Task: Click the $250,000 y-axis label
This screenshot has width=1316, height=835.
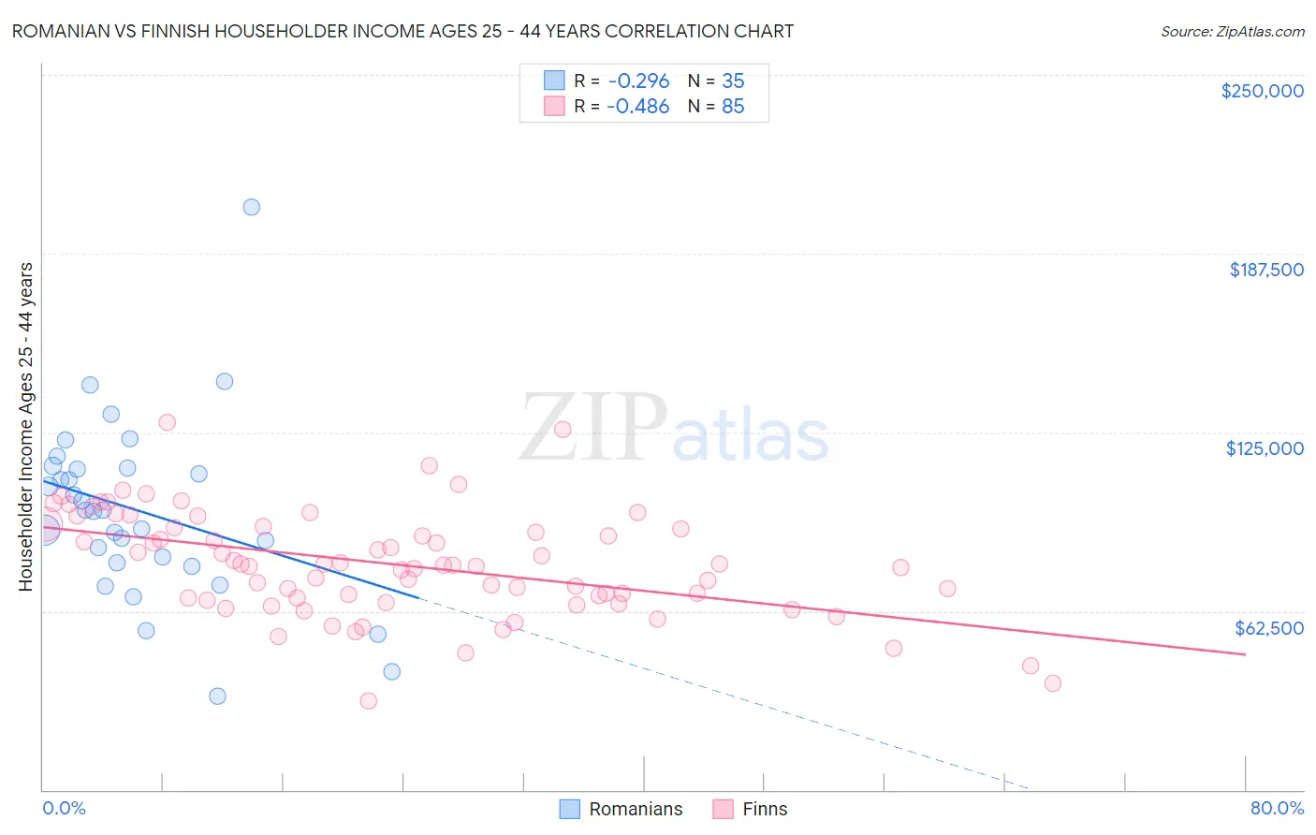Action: point(1262,91)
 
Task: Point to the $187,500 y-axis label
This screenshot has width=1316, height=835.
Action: point(1265,270)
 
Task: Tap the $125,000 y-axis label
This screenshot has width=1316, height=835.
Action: point(1265,448)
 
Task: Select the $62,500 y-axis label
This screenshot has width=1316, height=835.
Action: point(1269,628)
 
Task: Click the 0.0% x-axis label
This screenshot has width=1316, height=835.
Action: point(64,808)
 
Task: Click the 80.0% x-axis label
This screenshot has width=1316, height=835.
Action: point(1277,808)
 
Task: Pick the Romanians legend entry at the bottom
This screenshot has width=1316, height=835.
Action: point(621,809)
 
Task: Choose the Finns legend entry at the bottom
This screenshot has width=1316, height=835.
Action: point(751,809)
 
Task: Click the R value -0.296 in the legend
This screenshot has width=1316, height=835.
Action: point(637,81)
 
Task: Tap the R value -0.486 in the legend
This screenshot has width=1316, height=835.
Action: point(637,107)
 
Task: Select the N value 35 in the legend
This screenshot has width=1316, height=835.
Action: point(733,81)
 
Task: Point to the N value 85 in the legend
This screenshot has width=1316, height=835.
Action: point(733,107)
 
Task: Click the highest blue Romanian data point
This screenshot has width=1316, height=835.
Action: point(251,207)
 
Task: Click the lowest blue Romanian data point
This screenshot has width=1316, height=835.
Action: point(217,696)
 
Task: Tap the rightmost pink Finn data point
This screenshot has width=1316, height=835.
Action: point(1052,683)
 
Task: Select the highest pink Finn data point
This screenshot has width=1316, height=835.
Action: point(167,422)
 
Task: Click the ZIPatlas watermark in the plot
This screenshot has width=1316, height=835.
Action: point(674,429)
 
